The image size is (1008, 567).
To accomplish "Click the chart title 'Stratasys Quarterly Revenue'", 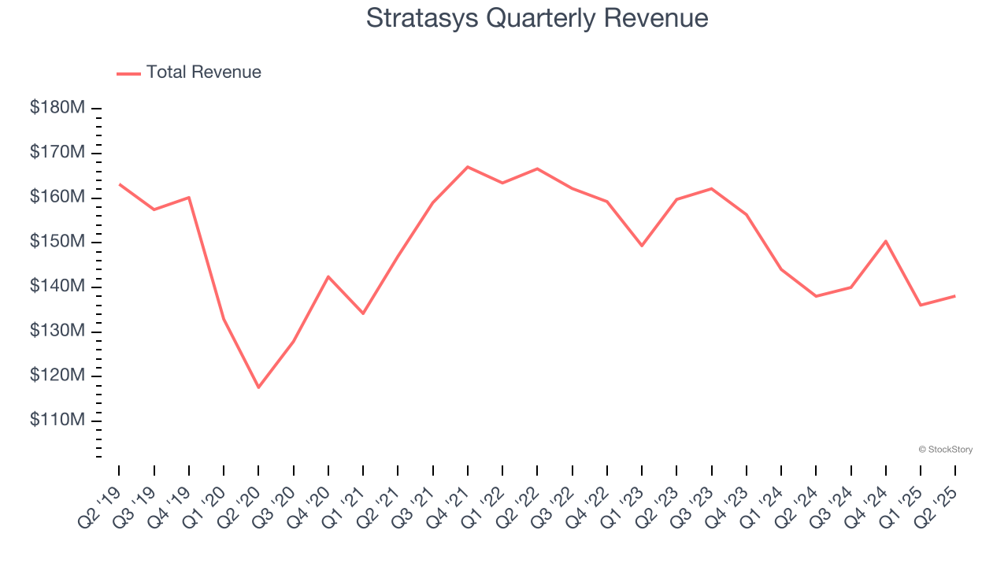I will coord(537,18).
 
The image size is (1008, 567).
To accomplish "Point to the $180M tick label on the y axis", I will coord(57,107).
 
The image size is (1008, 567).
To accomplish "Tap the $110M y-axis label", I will coord(57,421).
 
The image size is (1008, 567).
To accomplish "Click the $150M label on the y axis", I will coord(57,241).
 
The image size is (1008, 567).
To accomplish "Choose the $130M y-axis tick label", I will coord(57,331).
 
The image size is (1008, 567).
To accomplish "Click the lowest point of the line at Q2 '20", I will coord(258,387).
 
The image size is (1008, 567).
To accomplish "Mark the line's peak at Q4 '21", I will coord(468,166).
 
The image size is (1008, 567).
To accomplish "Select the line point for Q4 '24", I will coord(886,241).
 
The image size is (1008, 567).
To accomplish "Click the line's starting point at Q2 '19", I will coord(119,184).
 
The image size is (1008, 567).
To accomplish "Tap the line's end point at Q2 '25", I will coord(955,295).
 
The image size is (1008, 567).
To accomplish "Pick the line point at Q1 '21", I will coord(363,313).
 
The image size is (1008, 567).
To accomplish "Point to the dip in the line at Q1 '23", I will coord(642,246).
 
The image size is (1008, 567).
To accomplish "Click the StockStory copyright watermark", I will coord(946,450).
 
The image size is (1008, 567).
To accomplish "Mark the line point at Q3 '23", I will coord(712,188).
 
